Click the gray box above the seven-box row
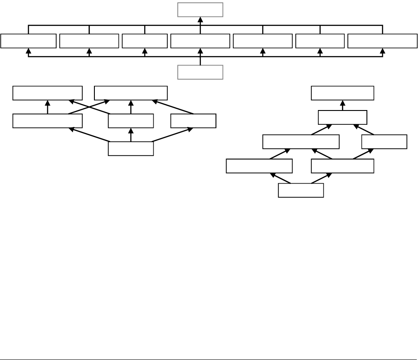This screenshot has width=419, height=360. pyautogui.click(x=200, y=9)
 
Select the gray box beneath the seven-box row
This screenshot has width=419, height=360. pyautogui.click(x=200, y=72)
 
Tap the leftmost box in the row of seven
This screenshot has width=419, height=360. pyautogui.click(x=28, y=41)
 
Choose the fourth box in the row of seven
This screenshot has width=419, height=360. pyautogui.click(x=200, y=41)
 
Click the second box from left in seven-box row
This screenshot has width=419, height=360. pyautogui.click(x=89, y=41)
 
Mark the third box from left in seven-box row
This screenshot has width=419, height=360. pyautogui.click(x=145, y=41)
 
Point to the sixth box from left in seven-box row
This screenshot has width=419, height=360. pyautogui.click(x=320, y=41)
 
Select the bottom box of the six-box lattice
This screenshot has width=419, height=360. pyautogui.click(x=131, y=149)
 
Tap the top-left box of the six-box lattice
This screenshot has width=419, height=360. pyautogui.click(x=48, y=94)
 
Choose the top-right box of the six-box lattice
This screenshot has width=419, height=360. pyautogui.click(x=131, y=94)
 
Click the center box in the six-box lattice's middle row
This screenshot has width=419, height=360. pyautogui.click(x=131, y=121)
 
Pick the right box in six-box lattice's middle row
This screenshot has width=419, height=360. pyautogui.click(x=193, y=121)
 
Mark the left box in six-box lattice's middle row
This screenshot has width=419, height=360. pyautogui.click(x=48, y=121)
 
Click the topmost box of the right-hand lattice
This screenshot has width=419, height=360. pyautogui.click(x=342, y=94)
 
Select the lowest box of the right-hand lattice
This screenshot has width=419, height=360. pyautogui.click(x=301, y=190)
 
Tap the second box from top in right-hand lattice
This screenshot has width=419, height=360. pyautogui.click(x=342, y=117)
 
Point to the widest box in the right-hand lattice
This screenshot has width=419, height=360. pyautogui.click(x=301, y=142)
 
